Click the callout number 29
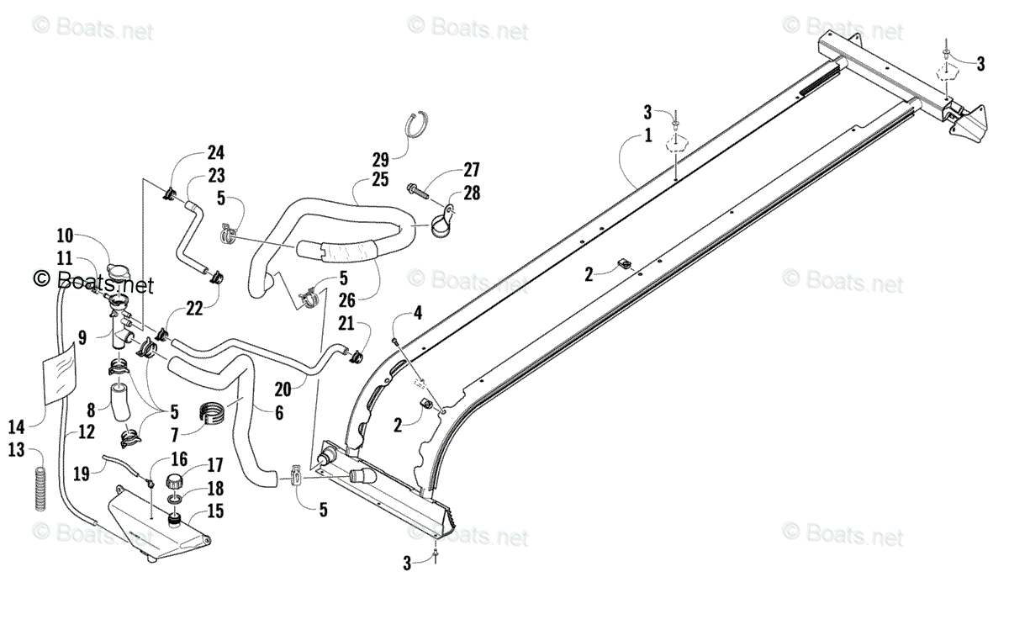(x=382, y=159)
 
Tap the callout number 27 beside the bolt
(x=471, y=169)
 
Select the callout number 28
(x=472, y=193)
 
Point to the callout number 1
(x=648, y=135)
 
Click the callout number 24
(x=216, y=153)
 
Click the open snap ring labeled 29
(x=417, y=124)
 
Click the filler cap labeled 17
(x=177, y=484)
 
